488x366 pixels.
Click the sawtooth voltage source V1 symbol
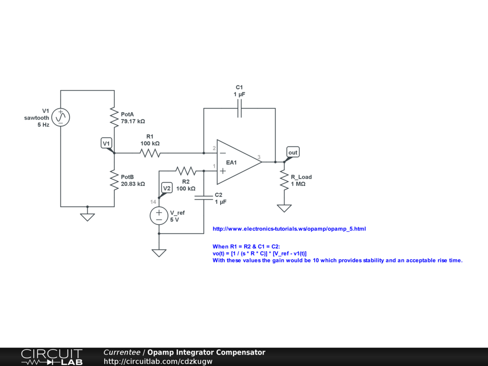pos(61,117)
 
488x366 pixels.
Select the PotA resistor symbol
pos(114,117)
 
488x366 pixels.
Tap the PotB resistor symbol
pos(114,180)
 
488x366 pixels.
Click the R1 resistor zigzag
pos(150,153)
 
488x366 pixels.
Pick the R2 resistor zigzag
pos(185,170)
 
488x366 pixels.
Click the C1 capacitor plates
pos(240,111)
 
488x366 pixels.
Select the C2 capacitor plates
pos(203,198)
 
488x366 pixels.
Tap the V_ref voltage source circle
pos(159,216)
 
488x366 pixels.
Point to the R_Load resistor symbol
pos(285,180)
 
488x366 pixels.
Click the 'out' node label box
pos(293,152)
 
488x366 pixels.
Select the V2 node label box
pos(166,188)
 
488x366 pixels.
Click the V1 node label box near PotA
pos(107,143)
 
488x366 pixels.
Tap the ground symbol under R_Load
pos(285,208)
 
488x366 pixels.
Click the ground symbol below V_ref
pos(159,253)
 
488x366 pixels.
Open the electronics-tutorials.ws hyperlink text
pos(289,229)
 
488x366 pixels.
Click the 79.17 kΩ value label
pos(133,122)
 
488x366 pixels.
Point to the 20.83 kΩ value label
pos(133,183)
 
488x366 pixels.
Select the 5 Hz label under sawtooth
pos(43,125)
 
